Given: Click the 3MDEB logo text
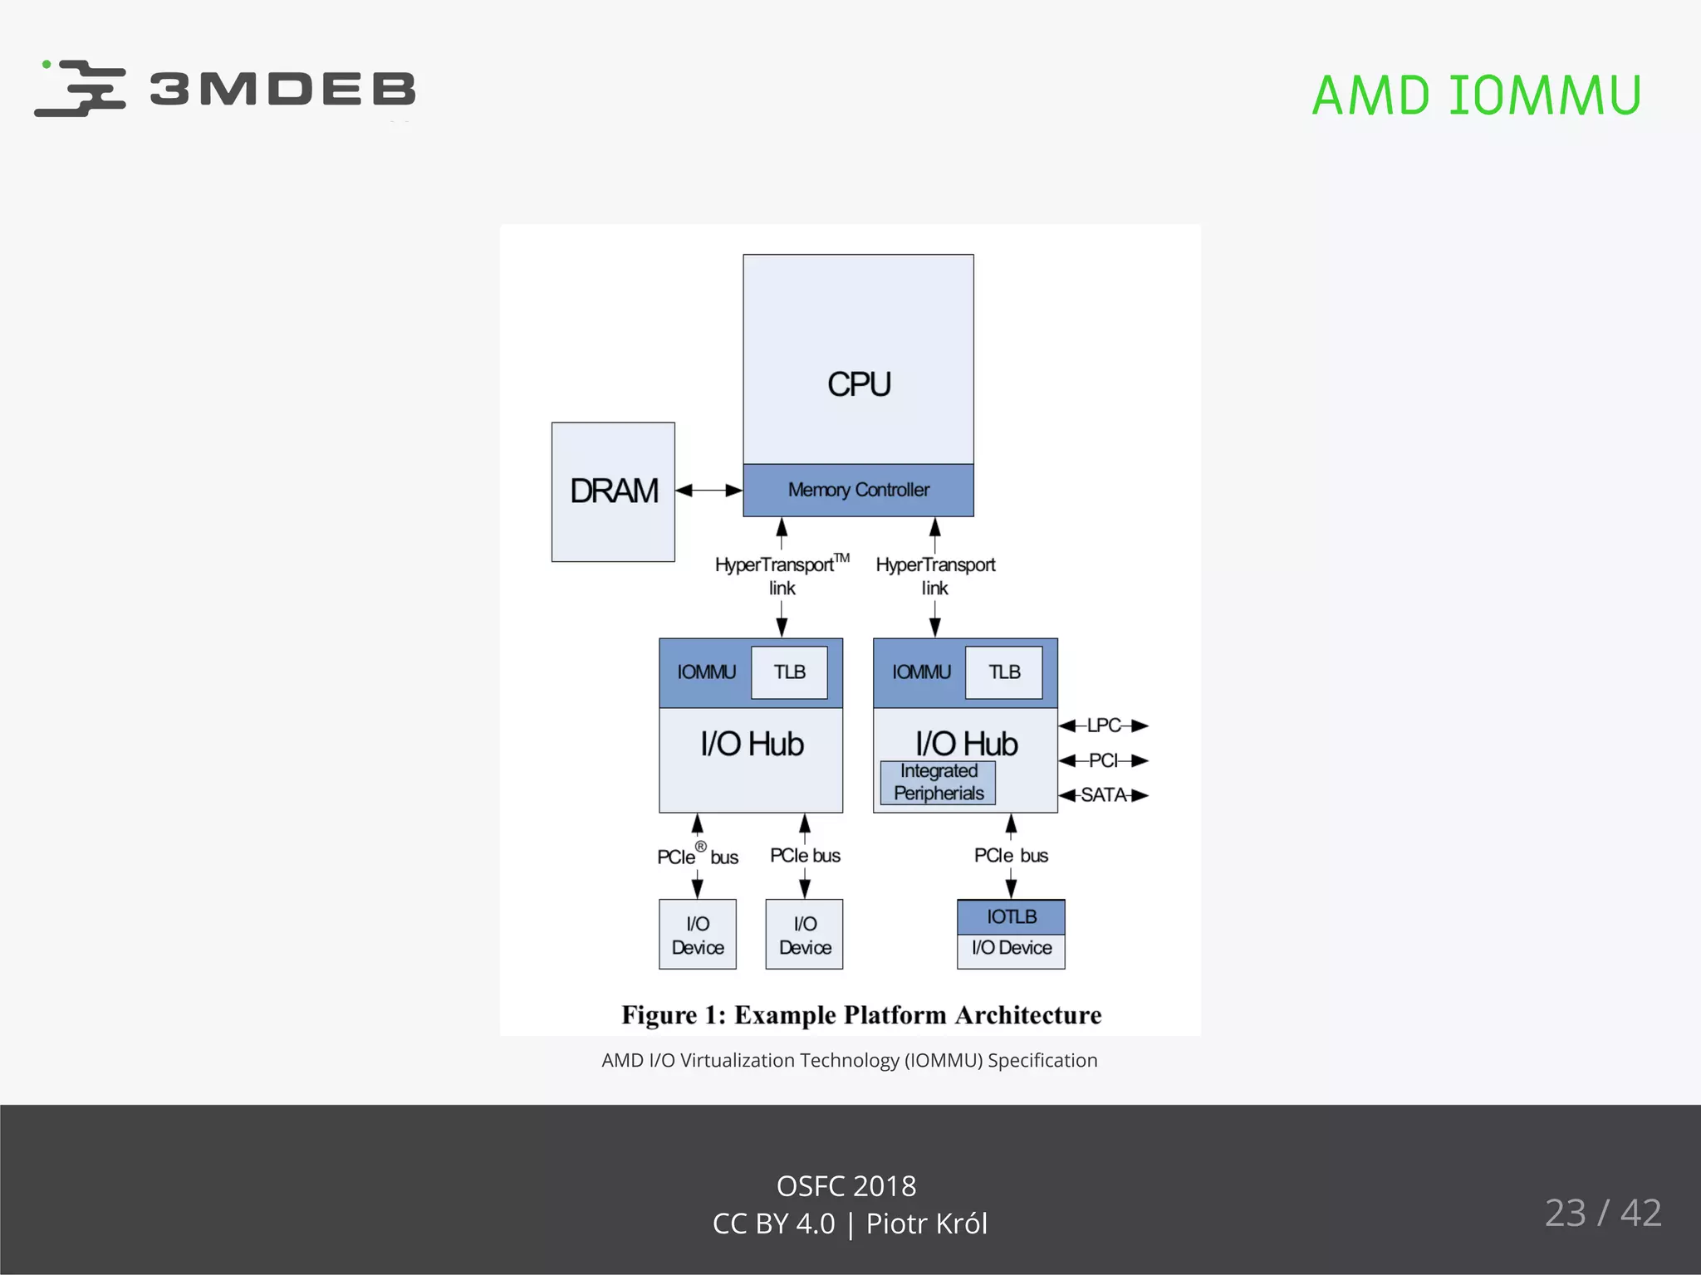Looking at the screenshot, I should [x=282, y=89].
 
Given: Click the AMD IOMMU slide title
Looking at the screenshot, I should [x=1476, y=95].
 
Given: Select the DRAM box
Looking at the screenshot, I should [x=613, y=491].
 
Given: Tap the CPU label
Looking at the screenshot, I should [x=859, y=384].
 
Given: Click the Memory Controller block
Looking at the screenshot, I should [x=858, y=490].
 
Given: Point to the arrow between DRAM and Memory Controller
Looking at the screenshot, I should [x=708, y=491].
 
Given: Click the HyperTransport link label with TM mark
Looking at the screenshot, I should [x=781, y=575].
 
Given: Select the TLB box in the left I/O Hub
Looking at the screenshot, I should [x=789, y=672].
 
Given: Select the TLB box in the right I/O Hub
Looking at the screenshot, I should [x=1003, y=672].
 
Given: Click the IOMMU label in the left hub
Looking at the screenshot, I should [x=706, y=672].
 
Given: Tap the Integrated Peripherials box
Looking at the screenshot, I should [x=938, y=782].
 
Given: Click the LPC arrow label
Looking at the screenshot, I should [x=1104, y=725].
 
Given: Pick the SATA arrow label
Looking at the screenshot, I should [x=1104, y=795].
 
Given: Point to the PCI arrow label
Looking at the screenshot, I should [x=1104, y=760].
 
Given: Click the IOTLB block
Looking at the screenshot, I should [x=1011, y=917].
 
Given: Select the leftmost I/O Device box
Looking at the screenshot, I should [x=698, y=935].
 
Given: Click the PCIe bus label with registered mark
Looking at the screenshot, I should [x=697, y=856].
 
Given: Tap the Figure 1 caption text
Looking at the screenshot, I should [x=861, y=1015].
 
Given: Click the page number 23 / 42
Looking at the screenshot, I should [x=1602, y=1213].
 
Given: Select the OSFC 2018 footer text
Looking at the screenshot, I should [x=846, y=1186].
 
